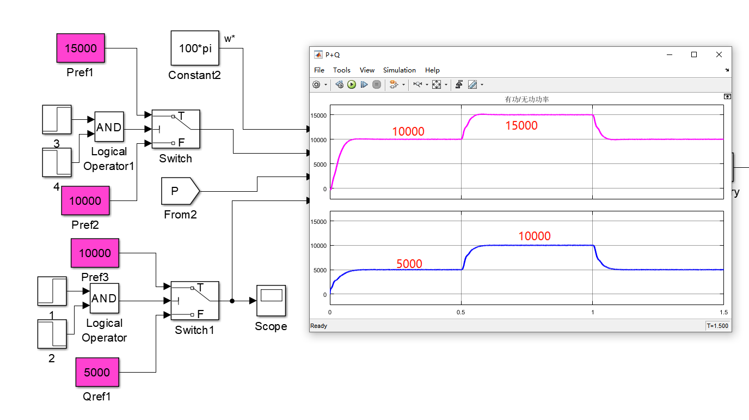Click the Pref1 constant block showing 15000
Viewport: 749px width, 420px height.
(x=81, y=48)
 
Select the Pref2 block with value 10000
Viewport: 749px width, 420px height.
(x=85, y=200)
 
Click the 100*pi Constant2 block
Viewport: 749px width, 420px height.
(x=195, y=48)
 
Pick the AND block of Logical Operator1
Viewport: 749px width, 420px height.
(x=109, y=127)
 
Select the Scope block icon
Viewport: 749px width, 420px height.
(x=271, y=301)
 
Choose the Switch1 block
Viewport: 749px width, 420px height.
(x=195, y=300)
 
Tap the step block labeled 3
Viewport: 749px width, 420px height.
(x=57, y=119)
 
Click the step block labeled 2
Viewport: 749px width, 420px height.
(x=52, y=334)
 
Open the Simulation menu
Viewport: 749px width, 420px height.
(x=399, y=70)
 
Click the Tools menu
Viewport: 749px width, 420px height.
(x=342, y=70)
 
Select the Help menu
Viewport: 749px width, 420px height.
(x=432, y=70)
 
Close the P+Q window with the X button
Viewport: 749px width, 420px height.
(x=719, y=54)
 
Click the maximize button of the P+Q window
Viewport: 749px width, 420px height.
(x=694, y=54)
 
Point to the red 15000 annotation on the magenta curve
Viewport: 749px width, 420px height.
(x=521, y=126)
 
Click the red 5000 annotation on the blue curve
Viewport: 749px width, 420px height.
(x=409, y=264)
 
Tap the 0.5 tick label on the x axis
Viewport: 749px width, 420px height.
(x=461, y=312)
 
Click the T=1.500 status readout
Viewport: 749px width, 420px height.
(x=717, y=326)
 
